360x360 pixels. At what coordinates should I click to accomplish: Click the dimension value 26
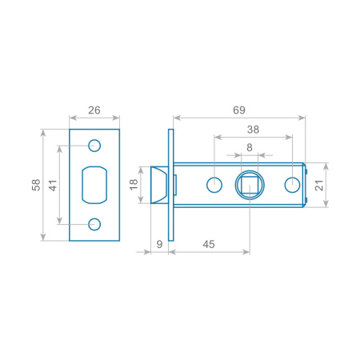tap(94, 110)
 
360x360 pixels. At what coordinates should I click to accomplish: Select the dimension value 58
tap(36, 185)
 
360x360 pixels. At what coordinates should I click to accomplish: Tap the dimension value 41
tap(53, 186)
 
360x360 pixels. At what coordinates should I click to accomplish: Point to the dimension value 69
tap(239, 110)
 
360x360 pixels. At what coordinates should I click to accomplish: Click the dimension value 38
tap(253, 130)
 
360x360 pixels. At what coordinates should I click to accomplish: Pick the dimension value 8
tap(250, 147)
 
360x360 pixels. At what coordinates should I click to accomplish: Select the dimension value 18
tap(134, 185)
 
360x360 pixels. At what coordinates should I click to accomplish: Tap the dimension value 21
tap(319, 185)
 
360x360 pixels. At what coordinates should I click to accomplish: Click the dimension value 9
tap(159, 244)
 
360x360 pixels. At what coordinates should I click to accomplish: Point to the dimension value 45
tap(209, 244)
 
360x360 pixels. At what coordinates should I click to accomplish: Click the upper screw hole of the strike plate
tap(94, 146)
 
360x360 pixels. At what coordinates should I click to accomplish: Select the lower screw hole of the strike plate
tap(94, 224)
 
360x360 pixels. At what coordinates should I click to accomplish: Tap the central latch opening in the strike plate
tap(94, 185)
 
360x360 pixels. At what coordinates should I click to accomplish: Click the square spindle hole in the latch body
tap(250, 185)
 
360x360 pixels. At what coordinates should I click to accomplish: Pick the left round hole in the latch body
tap(214, 185)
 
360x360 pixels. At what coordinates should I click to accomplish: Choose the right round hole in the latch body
tap(292, 185)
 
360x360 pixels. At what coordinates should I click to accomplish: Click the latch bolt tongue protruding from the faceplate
tap(159, 185)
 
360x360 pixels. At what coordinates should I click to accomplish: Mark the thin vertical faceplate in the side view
tap(171, 185)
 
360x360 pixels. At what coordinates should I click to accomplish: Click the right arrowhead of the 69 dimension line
tap(302, 118)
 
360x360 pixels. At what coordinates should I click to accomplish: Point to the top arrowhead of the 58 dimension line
tap(43, 133)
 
